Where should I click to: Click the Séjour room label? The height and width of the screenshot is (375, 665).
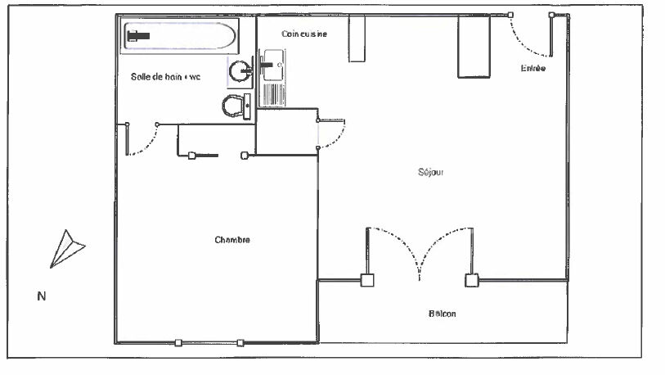tap(430, 172)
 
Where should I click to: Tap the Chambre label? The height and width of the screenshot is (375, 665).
tap(232, 240)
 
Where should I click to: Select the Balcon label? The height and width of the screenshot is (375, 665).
tap(442, 314)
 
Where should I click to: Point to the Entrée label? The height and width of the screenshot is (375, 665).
tap(533, 68)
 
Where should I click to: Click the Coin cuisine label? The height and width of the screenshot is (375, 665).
tap(304, 34)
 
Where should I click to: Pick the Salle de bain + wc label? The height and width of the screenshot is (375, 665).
tap(165, 77)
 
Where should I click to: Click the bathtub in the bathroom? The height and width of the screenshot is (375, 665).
tap(180, 36)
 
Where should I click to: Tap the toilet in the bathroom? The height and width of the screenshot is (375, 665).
tap(236, 106)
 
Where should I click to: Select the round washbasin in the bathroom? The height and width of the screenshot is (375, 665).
tap(240, 71)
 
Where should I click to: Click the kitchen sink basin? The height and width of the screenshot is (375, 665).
tap(272, 65)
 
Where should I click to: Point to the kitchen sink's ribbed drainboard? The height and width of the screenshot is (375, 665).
tap(273, 94)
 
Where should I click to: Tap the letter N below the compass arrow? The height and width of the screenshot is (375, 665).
tap(42, 296)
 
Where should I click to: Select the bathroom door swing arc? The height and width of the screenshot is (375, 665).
tap(147, 144)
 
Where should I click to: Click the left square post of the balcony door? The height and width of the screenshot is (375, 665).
tap(367, 280)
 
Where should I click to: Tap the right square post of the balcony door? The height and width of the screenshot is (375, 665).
tap(472, 280)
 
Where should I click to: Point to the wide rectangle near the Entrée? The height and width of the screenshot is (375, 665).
tap(474, 47)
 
